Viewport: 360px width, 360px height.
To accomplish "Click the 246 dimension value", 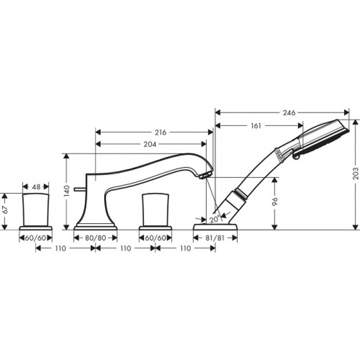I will pyautogui.click(x=289, y=113).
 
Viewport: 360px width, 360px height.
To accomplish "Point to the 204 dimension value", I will pyautogui.click(x=150, y=145).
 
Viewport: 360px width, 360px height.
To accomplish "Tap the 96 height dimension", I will pyautogui.click(x=276, y=203).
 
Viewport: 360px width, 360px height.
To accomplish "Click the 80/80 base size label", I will pyautogui.click(x=96, y=238).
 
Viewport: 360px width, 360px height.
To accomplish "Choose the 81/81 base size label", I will pyautogui.click(x=215, y=238).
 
